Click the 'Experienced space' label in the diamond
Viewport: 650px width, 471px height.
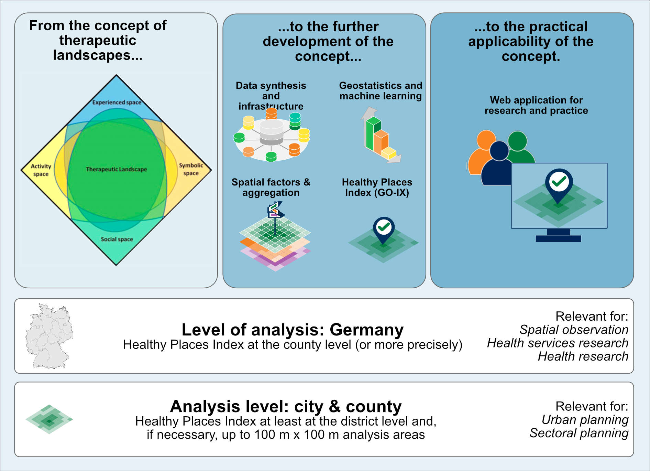pyautogui.click(x=117, y=102)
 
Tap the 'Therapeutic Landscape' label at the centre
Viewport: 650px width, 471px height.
pyautogui.click(x=117, y=169)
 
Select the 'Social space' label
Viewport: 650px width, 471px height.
pyautogui.click(x=117, y=239)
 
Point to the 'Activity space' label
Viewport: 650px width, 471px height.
pyautogui.click(x=41, y=170)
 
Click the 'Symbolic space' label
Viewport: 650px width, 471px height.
pyautogui.click(x=191, y=169)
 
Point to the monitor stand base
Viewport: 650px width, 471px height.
pyautogui.click(x=558, y=238)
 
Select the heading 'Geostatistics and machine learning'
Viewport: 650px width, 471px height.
pyautogui.click(x=381, y=90)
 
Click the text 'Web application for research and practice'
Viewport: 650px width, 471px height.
pyautogui.click(x=536, y=105)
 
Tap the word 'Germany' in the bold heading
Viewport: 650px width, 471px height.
pyautogui.click(x=366, y=330)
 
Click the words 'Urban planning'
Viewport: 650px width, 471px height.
pyautogui.click(x=585, y=420)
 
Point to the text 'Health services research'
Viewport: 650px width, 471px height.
pyautogui.click(x=558, y=343)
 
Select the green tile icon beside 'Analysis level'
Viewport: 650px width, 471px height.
pyautogui.click(x=49, y=419)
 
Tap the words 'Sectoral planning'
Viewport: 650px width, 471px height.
pyautogui.click(x=579, y=433)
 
